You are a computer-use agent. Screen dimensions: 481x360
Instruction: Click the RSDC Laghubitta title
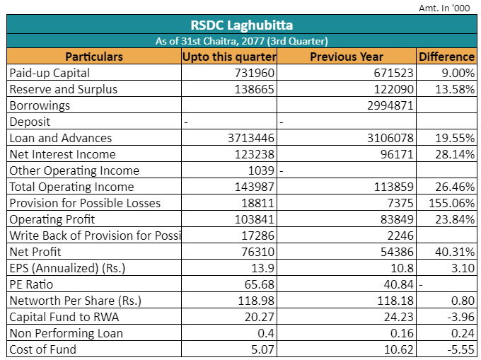pyautogui.click(x=242, y=25)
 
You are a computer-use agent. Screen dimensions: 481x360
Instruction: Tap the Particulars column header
pyautogui.click(x=94, y=57)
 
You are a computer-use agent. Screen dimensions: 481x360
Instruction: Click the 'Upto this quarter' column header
pyautogui.click(x=229, y=57)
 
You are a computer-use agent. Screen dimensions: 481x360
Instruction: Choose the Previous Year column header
pyautogui.click(x=347, y=57)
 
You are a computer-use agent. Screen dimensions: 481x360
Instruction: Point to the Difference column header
pyautogui.click(x=446, y=57)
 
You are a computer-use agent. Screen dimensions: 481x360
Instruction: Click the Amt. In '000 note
pyautogui.click(x=444, y=8)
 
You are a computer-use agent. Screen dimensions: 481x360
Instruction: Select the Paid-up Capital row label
pyautogui.click(x=50, y=73)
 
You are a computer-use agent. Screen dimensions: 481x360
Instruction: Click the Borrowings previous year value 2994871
pyautogui.click(x=390, y=105)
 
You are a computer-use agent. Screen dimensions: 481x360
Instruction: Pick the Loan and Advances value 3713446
pyautogui.click(x=251, y=138)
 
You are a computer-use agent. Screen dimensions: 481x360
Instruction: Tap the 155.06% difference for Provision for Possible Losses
pyautogui.click(x=451, y=203)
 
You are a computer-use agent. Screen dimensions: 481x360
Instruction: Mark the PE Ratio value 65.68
pyautogui.click(x=259, y=284)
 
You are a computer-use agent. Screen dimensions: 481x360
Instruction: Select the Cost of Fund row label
pyautogui.click(x=43, y=349)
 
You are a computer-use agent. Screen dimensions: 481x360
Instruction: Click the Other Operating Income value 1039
pyautogui.click(x=261, y=170)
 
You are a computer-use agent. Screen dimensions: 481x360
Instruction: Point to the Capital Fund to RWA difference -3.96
pyautogui.click(x=461, y=317)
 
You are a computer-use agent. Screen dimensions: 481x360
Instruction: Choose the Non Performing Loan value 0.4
pyautogui.click(x=266, y=333)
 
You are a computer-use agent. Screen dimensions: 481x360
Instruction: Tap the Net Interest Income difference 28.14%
pyautogui.click(x=455, y=154)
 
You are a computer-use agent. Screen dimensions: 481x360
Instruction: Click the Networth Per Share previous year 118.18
pyautogui.click(x=395, y=301)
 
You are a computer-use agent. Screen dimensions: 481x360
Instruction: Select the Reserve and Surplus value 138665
pyautogui.click(x=255, y=89)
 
